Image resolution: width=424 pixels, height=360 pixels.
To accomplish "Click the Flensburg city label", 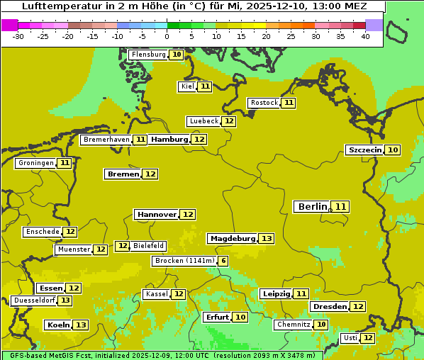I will [148, 55].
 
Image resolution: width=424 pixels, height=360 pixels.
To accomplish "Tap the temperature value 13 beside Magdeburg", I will [266, 239].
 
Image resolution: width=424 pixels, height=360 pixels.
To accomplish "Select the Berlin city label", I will [313, 207].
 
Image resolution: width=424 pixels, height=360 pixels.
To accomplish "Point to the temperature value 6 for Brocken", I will [223, 261].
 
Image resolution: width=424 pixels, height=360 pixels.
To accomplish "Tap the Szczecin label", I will [364, 150].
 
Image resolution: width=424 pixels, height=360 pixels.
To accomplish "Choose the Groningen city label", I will [36, 163].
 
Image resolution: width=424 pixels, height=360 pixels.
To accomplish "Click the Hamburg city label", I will [169, 140].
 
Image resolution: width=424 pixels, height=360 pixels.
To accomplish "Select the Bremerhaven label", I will [106, 140].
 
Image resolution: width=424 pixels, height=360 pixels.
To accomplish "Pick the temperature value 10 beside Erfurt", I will [240, 317].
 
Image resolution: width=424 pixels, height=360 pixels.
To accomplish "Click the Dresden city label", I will [329, 306].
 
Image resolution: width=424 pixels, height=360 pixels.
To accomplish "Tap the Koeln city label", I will [57, 325].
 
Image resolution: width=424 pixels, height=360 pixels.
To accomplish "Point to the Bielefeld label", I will [149, 246].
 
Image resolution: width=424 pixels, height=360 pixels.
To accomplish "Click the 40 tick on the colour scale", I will [365, 36].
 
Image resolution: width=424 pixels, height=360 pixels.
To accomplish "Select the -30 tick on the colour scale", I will [18, 36].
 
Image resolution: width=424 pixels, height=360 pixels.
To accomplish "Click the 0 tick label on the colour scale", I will [167, 36].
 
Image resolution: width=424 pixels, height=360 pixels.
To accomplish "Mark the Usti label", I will [350, 338].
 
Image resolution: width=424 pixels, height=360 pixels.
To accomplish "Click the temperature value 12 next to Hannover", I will [187, 214].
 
